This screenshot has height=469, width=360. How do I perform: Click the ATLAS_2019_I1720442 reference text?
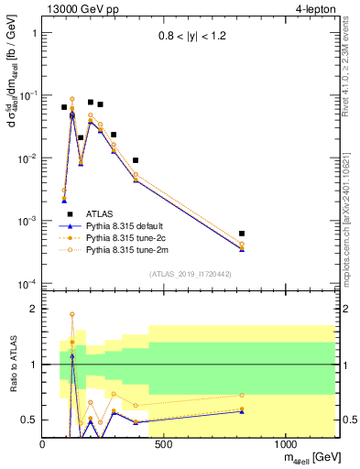[x=191, y=274]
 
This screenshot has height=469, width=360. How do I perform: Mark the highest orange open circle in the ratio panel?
[x=72, y=314]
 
